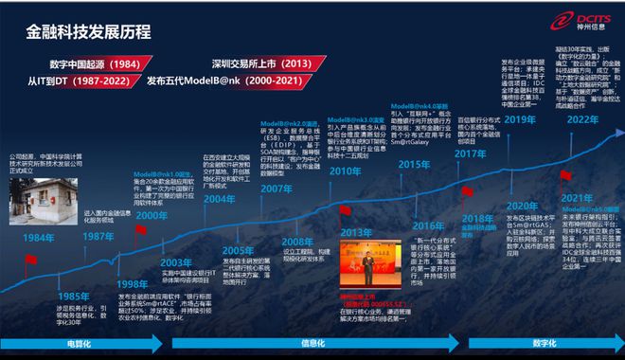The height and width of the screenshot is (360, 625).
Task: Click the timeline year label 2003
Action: point(177,262)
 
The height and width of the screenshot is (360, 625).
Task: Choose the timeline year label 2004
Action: point(219,199)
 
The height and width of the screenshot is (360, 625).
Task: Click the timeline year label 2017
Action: point(470,153)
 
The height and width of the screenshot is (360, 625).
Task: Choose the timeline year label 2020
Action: point(522,207)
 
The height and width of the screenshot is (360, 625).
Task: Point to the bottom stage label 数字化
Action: point(549,343)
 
